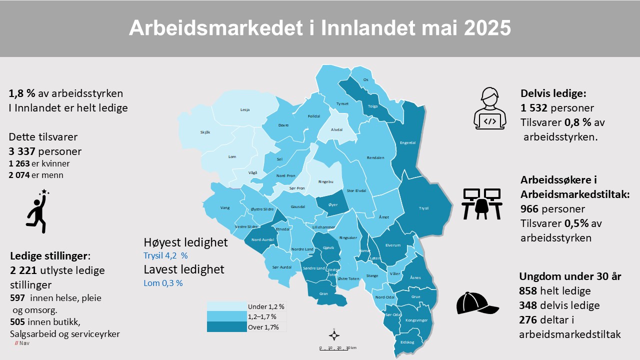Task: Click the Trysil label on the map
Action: [x=423, y=208]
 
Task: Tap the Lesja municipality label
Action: [x=245, y=109]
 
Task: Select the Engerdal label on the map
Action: [x=407, y=142]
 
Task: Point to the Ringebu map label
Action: [x=325, y=181]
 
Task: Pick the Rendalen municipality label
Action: [x=375, y=157]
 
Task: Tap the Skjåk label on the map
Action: [x=205, y=132]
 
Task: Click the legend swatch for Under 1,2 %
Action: [x=226, y=306]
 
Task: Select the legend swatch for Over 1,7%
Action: [x=226, y=327]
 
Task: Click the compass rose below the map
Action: [x=334, y=335]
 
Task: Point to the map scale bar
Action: [x=337, y=348]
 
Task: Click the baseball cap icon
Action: [x=476, y=302]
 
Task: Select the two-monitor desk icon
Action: [x=482, y=203]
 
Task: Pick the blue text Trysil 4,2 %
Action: [x=165, y=255]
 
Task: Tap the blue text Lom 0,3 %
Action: [x=163, y=283]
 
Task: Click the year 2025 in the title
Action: [x=487, y=28]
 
